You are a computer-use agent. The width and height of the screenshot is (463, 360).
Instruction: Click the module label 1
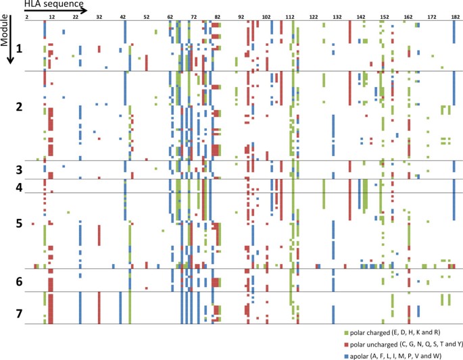point(19,49)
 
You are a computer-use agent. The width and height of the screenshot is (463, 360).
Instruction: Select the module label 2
point(19,107)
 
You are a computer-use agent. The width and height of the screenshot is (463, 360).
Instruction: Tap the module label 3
point(19,170)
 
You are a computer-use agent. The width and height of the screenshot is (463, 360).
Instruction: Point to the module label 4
point(19,186)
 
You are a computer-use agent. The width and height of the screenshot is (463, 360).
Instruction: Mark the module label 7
point(19,315)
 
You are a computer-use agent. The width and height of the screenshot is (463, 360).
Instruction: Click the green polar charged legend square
point(347,333)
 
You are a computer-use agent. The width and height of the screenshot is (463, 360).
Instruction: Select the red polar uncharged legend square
point(347,343)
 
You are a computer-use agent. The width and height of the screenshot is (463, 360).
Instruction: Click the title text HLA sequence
point(48,5)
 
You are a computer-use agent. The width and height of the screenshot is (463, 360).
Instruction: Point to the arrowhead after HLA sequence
point(84,10)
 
